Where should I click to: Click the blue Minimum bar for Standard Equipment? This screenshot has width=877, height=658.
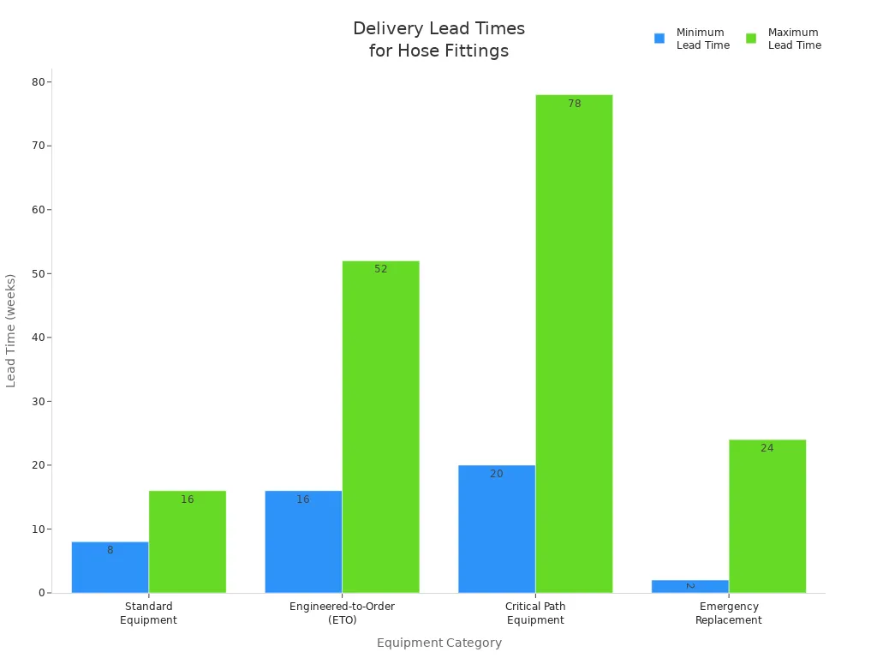click(110, 567)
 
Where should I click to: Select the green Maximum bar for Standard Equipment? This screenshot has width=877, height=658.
click(187, 541)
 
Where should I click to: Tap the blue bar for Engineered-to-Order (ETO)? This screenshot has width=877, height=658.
click(303, 541)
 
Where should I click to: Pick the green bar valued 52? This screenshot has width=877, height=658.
click(380, 427)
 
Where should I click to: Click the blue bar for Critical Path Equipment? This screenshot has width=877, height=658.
click(497, 529)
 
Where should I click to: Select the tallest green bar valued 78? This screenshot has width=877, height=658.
click(574, 344)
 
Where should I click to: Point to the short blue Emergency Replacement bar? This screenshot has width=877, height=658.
click(689, 586)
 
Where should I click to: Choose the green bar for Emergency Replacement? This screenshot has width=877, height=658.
click(767, 516)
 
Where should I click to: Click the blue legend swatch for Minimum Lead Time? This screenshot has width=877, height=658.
click(659, 39)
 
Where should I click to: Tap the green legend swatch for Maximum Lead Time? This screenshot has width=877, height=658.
click(751, 39)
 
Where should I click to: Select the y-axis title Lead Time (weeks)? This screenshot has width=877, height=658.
click(11, 331)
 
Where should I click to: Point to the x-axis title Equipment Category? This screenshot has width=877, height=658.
click(438, 643)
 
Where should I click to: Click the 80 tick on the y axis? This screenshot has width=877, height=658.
click(39, 82)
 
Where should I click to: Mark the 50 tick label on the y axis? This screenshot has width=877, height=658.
click(39, 273)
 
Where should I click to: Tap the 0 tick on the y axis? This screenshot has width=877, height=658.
click(42, 593)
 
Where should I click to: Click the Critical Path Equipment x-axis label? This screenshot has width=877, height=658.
click(535, 613)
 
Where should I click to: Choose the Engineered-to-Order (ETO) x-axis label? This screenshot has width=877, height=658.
click(342, 613)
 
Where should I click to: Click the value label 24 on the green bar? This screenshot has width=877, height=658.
click(767, 448)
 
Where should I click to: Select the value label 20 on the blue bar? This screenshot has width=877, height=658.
click(497, 474)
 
